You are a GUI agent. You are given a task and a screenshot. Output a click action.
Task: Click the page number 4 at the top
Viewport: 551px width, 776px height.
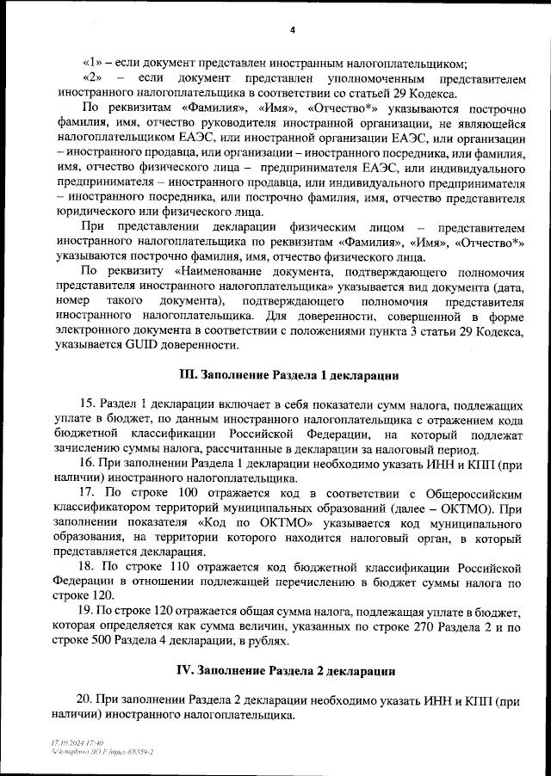pos(292,31)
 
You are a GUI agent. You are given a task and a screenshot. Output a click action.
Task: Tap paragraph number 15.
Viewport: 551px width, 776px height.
pos(85,404)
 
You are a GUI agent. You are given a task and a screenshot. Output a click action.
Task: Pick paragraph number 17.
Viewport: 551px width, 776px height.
pos(85,493)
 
